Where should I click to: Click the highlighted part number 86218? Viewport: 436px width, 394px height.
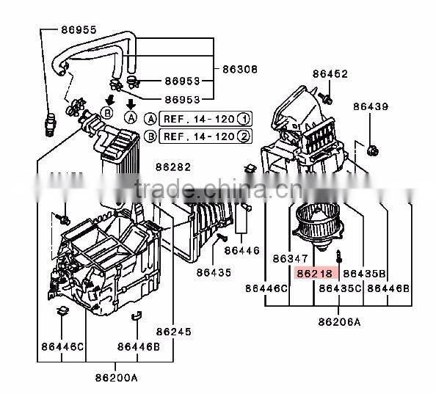coord(314,273)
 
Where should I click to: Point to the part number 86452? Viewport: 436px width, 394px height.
coord(330,74)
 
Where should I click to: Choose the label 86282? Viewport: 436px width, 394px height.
coord(172,167)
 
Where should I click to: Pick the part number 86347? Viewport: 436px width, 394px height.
coord(291,259)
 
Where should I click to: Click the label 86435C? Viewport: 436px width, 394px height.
coord(339,289)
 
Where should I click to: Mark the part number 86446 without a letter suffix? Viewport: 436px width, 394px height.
coord(242,251)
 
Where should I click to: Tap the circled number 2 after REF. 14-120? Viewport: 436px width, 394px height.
coord(243,136)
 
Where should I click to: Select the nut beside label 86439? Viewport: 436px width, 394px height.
coord(373,153)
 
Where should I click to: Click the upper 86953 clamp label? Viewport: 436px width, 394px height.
coord(181,81)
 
